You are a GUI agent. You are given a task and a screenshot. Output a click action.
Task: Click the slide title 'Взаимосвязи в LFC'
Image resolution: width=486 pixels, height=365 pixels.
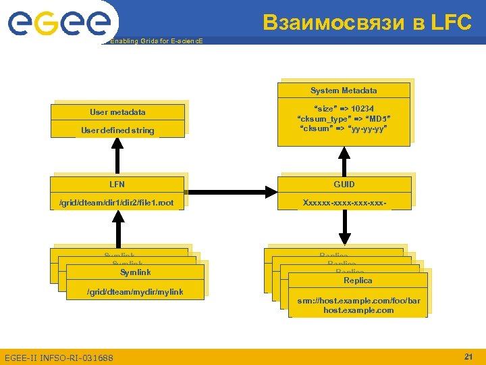pos(367,22)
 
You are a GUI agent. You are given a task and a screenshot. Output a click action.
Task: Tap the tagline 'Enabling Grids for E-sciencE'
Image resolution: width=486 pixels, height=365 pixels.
pos(156,41)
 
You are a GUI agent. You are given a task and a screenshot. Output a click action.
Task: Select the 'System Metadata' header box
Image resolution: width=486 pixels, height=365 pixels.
pos(344,91)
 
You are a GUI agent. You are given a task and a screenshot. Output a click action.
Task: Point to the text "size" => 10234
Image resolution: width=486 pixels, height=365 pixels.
pos(344,109)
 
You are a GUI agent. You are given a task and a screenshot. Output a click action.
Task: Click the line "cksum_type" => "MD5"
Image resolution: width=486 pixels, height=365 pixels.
pos(344,119)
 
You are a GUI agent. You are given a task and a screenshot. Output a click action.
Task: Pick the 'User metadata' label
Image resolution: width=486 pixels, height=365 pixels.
pos(117,112)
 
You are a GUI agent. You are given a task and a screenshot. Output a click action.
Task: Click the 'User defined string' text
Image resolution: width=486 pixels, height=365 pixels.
pos(117,130)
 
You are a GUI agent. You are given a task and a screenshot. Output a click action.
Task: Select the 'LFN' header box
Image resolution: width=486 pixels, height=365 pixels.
pos(117,184)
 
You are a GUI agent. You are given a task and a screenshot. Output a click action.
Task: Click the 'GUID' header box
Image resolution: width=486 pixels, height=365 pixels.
pos(344,184)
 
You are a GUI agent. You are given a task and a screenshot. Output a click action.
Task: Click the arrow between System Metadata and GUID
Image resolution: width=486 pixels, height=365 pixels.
pos(344,162)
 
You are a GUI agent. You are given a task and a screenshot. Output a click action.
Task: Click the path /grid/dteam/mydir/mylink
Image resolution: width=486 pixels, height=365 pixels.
pos(136,291)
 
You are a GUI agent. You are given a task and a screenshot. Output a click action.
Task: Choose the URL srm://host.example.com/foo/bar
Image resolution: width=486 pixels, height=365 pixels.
pos(358,300)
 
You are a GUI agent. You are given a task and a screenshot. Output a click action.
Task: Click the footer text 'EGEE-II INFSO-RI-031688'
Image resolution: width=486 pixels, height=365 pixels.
pos(59,357)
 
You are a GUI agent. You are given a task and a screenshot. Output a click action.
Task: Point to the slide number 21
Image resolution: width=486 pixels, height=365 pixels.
pos(468,356)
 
